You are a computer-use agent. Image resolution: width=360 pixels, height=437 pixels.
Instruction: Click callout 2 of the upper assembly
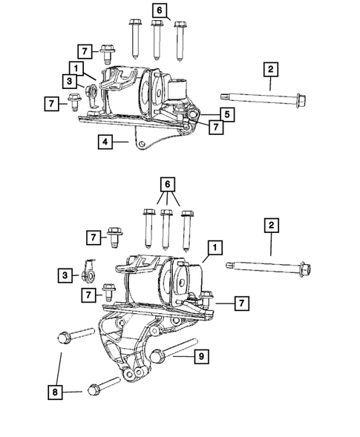[270, 70]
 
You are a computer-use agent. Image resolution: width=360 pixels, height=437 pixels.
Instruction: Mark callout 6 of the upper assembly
[159, 10]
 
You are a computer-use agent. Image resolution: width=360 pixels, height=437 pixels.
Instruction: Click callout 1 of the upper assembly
[76, 67]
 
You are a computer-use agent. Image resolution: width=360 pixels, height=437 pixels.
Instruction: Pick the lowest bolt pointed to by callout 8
[102, 388]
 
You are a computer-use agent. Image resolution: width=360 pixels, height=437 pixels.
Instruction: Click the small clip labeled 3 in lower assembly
[88, 274]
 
